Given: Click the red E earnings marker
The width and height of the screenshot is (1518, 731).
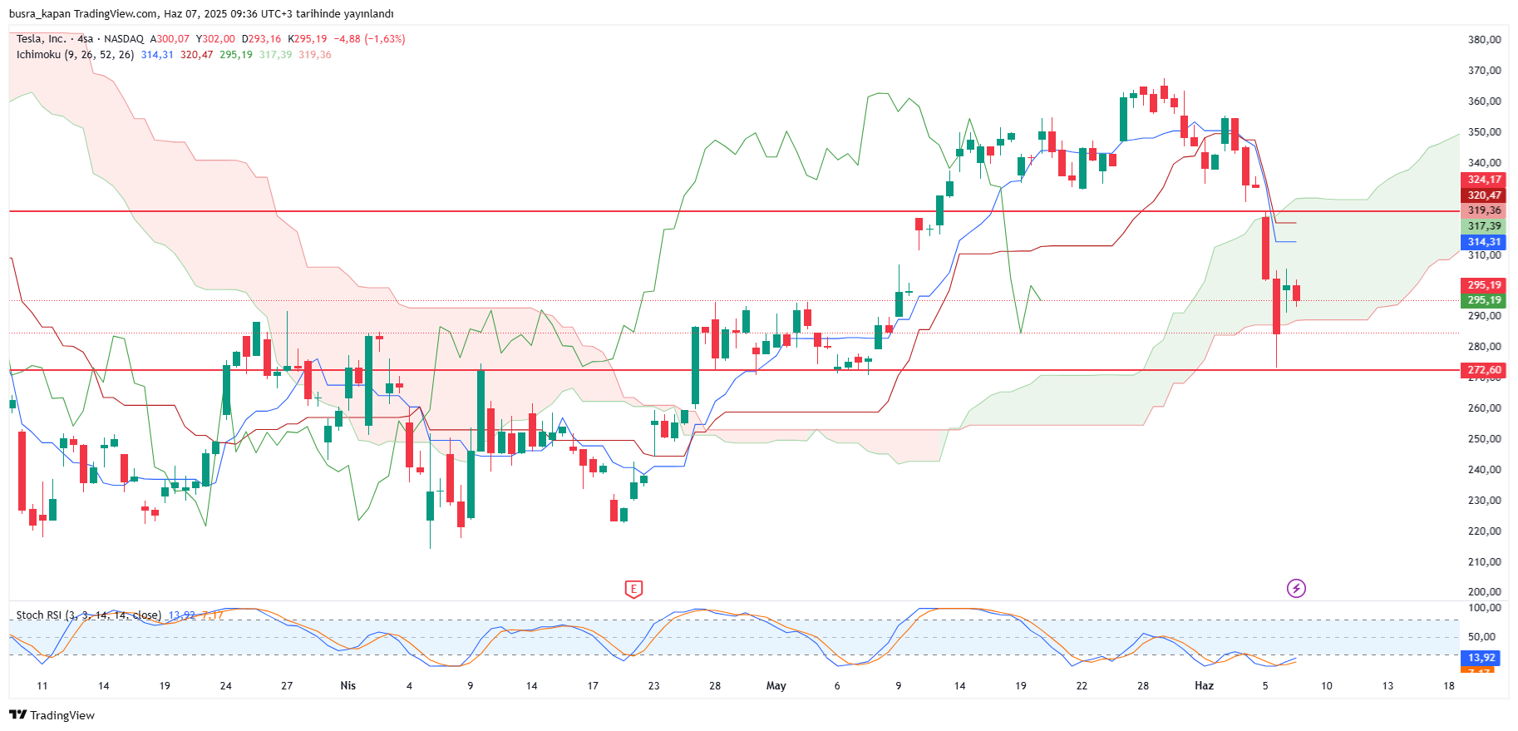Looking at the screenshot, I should (x=633, y=589).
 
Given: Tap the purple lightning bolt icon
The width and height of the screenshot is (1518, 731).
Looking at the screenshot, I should (x=1296, y=589).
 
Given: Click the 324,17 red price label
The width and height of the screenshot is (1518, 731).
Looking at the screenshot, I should (x=1484, y=180).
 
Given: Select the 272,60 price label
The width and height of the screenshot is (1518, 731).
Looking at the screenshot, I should (x=1484, y=370).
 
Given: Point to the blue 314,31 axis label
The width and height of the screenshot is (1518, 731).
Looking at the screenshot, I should (x=1484, y=242).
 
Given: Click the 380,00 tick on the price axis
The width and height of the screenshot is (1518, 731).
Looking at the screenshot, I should (x=1484, y=40).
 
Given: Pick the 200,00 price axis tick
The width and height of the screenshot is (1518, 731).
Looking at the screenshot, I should (x=1484, y=592).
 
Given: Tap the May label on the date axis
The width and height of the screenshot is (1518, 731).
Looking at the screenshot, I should (x=776, y=686).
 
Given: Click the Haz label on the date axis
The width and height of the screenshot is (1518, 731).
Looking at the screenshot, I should (x=1204, y=686).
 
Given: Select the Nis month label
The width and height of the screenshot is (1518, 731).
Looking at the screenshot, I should (x=347, y=686).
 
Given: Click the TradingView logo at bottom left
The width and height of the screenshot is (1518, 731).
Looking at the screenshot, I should (x=52, y=715).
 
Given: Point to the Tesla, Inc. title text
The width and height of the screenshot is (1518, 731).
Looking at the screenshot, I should (x=41, y=39).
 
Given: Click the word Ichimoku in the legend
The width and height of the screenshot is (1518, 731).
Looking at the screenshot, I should (x=38, y=55).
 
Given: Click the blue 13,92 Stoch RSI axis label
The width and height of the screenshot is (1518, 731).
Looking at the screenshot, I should (x=1481, y=658).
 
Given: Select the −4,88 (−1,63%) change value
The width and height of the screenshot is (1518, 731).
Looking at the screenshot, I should (x=369, y=39).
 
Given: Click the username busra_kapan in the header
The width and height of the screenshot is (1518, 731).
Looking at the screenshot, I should (x=39, y=14).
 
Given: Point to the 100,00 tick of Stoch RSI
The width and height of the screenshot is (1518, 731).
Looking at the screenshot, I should (x=1484, y=608).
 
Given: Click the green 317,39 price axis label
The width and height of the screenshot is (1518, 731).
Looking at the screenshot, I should (x=1484, y=226).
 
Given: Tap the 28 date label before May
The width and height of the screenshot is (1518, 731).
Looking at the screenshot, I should (x=715, y=686).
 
